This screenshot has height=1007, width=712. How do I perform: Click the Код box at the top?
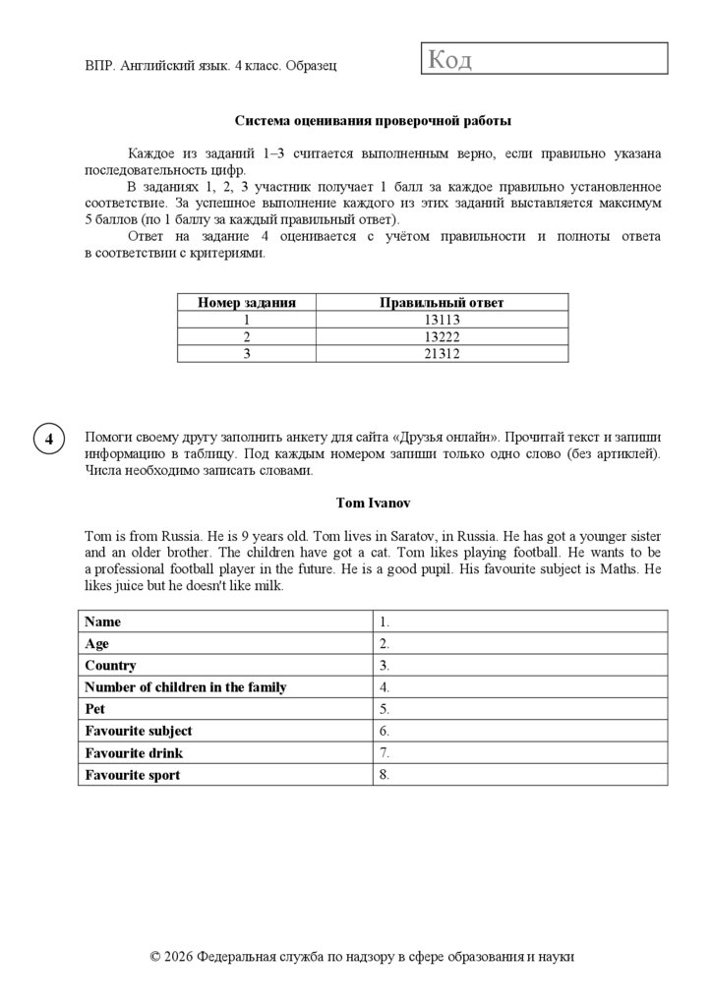click(544, 59)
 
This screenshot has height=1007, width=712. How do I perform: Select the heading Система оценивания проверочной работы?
click(373, 121)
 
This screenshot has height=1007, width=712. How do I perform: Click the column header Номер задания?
click(247, 303)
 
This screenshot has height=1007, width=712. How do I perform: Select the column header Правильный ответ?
click(442, 303)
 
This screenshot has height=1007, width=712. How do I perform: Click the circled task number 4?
click(48, 439)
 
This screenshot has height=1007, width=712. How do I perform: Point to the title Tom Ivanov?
click(373, 503)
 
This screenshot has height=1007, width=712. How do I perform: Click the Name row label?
click(103, 622)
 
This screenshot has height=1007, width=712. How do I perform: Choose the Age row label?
click(97, 643)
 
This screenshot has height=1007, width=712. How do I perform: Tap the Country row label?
click(110, 665)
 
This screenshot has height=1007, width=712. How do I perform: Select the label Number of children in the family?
click(186, 687)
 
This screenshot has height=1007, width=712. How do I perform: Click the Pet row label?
click(94, 709)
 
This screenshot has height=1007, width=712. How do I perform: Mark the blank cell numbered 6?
click(519, 731)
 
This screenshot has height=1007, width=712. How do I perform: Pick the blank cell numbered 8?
click(519, 775)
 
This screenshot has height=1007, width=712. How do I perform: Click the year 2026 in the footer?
click(179, 956)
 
